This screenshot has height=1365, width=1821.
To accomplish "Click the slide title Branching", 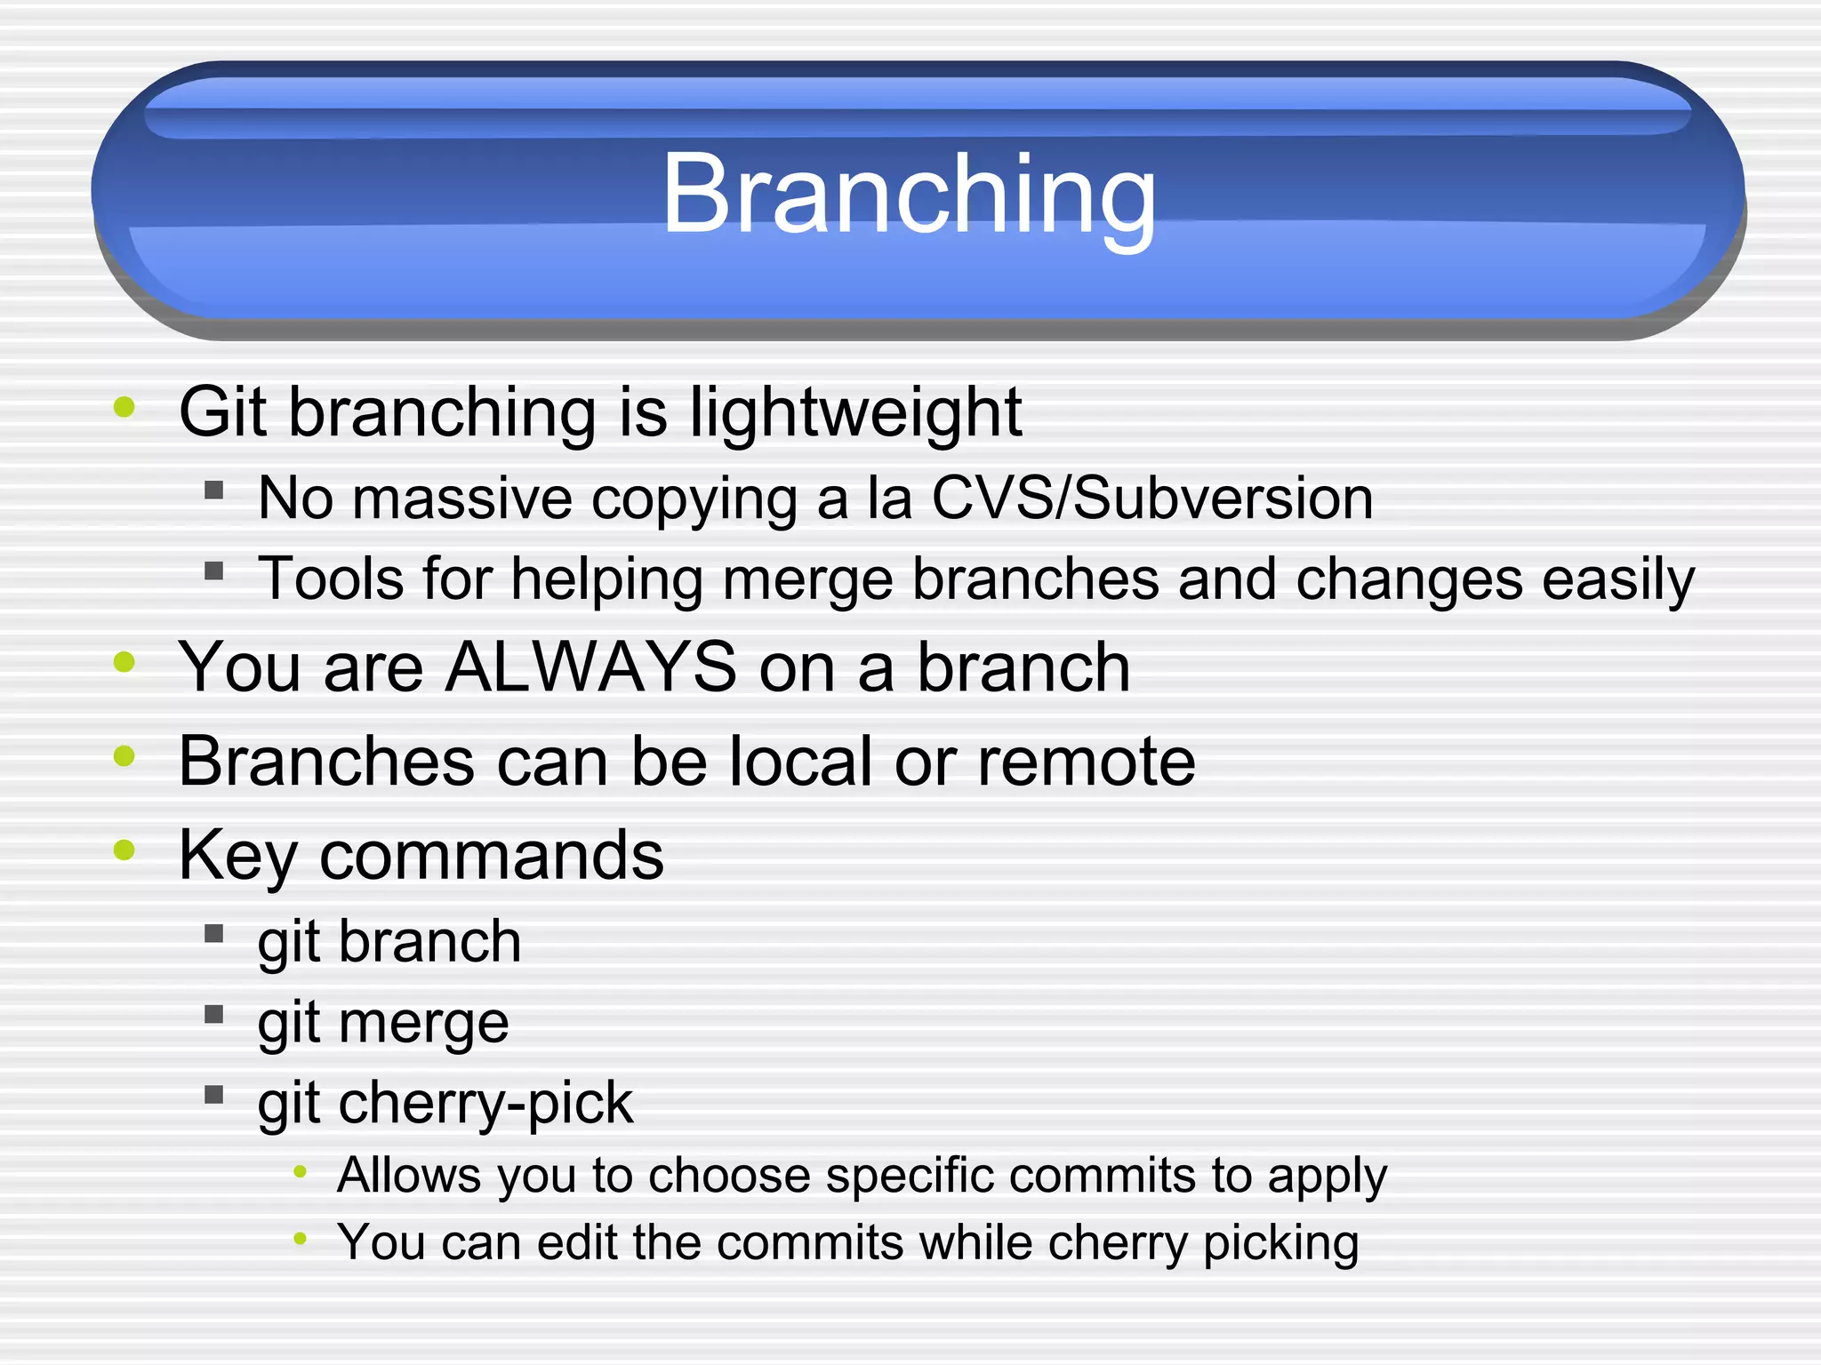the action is (x=909, y=196).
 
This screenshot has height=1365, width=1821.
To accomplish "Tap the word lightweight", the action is (x=855, y=414).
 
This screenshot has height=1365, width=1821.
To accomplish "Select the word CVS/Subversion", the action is (x=1151, y=498).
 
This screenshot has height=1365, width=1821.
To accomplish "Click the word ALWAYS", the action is (x=591, y=667).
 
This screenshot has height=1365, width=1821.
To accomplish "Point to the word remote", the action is (x=1087, y=762).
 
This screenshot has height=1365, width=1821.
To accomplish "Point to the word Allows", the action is (x=409, y=1176).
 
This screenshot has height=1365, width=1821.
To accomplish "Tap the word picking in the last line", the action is (x=1280, y=1243).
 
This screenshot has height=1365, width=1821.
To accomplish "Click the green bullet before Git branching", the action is (x=124, y=408).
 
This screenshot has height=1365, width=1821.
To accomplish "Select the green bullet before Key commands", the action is (x=124, y=850).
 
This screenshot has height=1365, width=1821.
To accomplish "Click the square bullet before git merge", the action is (x=213, y=1015).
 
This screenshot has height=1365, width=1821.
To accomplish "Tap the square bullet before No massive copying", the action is (x=213, y=490).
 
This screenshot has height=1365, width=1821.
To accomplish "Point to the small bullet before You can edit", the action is (x=301, y=1238).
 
